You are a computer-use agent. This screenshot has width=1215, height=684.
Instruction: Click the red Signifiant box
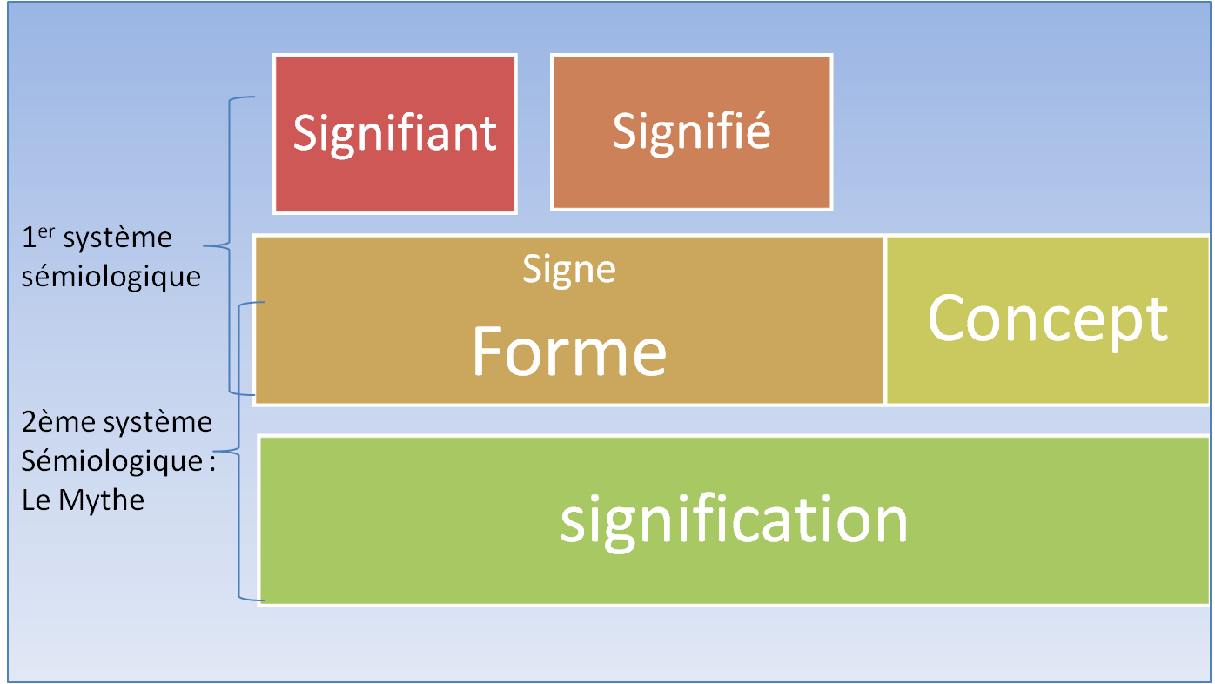[x=395, y=134]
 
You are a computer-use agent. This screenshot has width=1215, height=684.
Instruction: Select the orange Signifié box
[x=692, y=131]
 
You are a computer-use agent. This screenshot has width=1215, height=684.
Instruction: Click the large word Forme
[x=569, y=352]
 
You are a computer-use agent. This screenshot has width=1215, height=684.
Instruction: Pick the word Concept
[x=1047, y=320]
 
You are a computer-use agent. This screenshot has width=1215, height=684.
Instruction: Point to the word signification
[x=734, y=521]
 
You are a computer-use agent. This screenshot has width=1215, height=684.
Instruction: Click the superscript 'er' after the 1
[x=47, y=232]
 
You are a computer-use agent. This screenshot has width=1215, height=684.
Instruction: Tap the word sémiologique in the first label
[x=111, y=277]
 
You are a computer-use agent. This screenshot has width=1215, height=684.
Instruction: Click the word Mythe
[x=102, y=500]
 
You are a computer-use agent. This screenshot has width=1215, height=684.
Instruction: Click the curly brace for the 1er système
[x=229, y=245]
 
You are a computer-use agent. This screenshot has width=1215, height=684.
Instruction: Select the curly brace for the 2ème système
[x=238, y=452]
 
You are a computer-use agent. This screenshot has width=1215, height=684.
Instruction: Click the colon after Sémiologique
[x=211, y=463]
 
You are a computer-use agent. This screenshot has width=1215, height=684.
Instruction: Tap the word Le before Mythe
[x=37, y=500]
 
